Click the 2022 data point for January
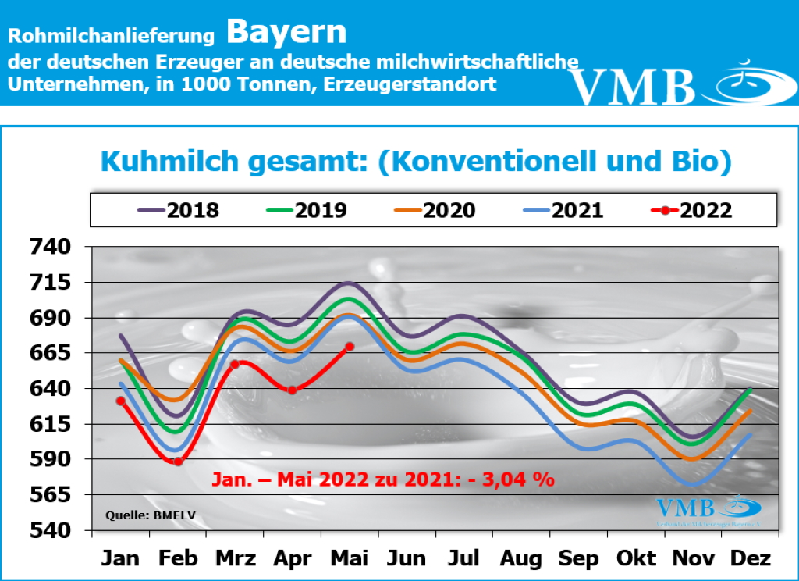pos(120,401)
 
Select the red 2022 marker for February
pos(178,462)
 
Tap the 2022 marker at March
pos(235,364)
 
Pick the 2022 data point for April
pos(292,390)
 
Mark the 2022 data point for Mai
pos(350,346)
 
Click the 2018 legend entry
pos(179,210)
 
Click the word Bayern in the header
pos(286,32)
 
